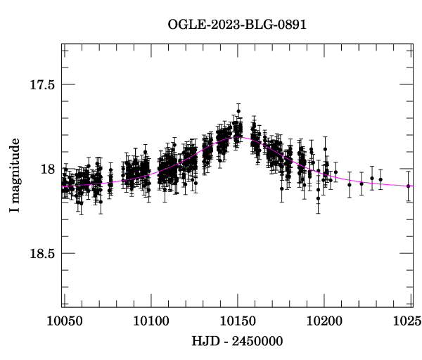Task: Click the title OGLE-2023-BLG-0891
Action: click(237, 25)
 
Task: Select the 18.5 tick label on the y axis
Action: click(42, 254)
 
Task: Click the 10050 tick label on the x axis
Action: click(63, 321)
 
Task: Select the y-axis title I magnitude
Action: click(15, 168)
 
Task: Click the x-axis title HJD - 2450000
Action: click(238, 342)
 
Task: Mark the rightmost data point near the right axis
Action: click(409, 186)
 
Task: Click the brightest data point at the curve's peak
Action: click(238, 111)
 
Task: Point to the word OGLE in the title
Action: click(184, 25)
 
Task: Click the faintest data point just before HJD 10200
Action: click(318, 198)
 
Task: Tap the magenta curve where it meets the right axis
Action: click(411, 186)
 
